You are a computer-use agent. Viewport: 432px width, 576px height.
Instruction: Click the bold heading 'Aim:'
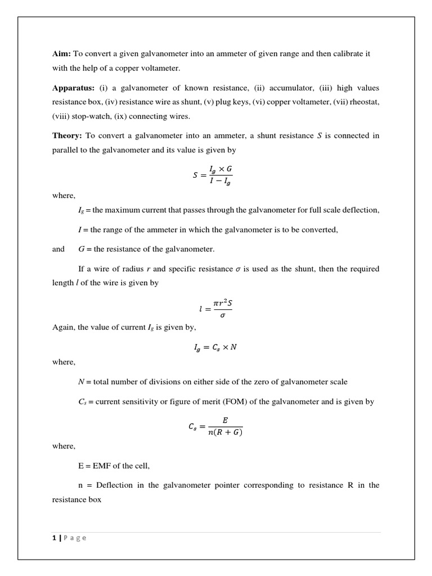[61, 53]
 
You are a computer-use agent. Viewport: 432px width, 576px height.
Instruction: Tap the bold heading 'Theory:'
[67, 136]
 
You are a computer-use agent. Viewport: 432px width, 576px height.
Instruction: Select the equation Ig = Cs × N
[215, 347]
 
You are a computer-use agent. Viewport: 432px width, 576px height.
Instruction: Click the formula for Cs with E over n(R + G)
[215, 426]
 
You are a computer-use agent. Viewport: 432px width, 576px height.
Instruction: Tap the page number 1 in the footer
[54, 538]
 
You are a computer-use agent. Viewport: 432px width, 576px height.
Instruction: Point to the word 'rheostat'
[364, 102]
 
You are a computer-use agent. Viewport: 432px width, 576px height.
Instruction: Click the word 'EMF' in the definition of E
[103, 466]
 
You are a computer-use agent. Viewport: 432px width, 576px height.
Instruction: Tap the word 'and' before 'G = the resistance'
[58, 249]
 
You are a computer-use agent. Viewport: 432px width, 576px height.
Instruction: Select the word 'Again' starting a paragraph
[62, 327]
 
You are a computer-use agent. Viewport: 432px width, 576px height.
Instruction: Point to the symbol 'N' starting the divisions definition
[81, 382]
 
